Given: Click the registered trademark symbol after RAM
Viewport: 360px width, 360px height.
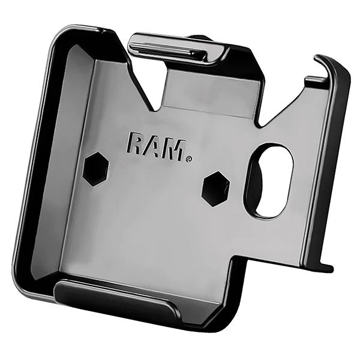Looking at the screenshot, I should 188,159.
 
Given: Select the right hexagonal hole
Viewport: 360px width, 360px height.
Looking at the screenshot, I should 215,189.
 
